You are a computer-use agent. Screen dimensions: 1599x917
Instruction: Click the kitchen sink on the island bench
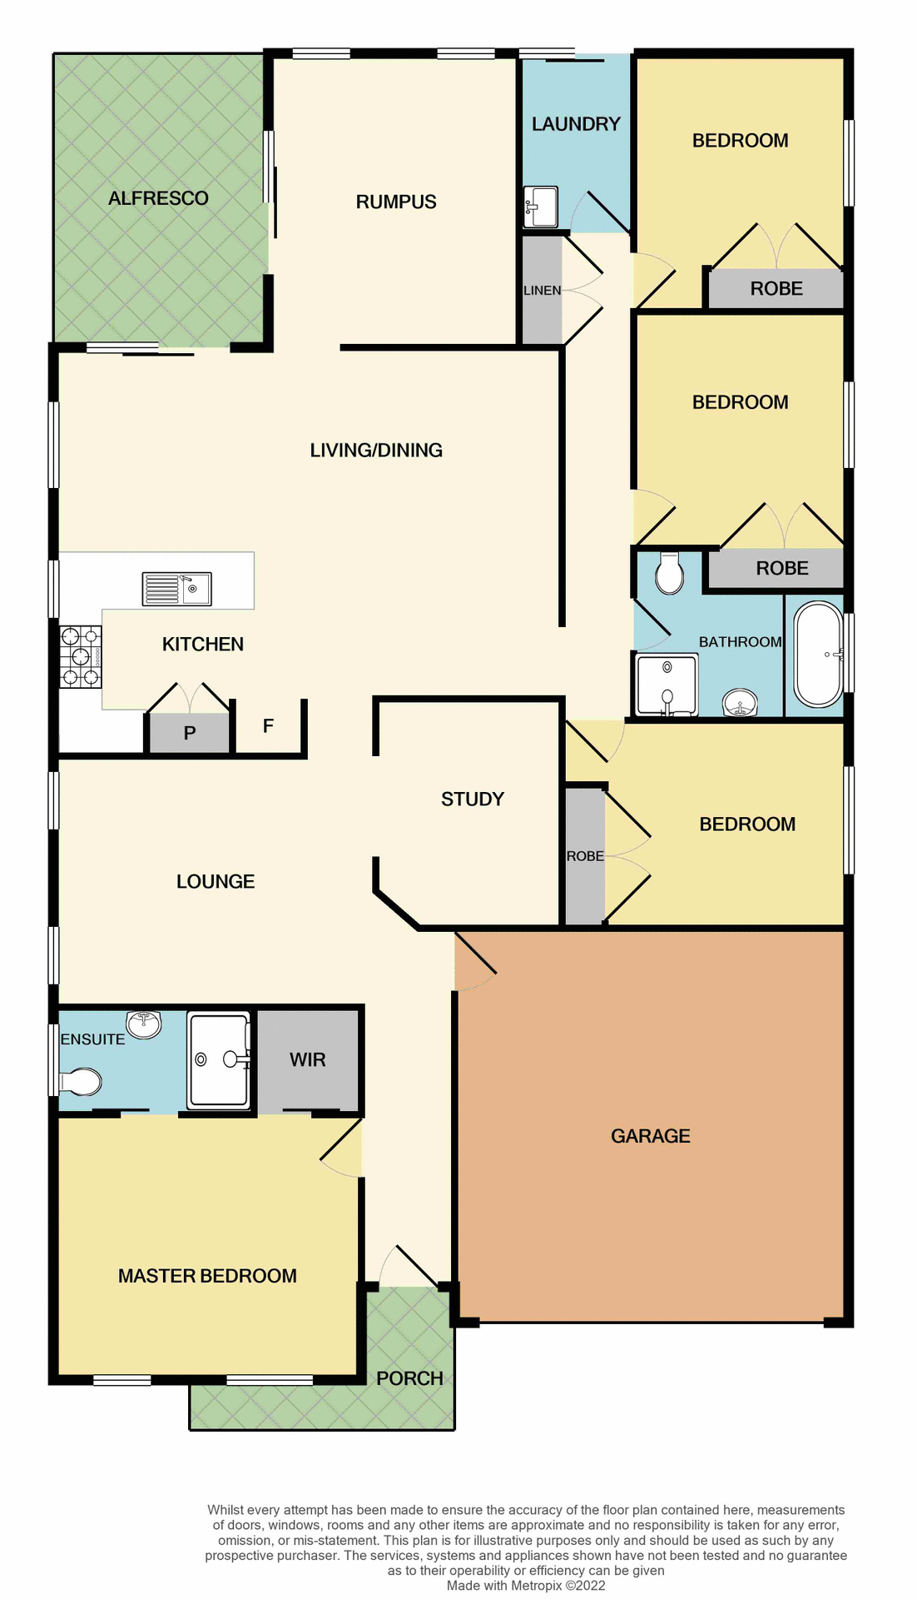click(x=176, y=589)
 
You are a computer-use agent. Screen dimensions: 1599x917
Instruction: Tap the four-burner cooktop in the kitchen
click(x=81, y=657)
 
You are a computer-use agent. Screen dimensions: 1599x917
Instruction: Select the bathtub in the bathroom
click(x=818, y=655)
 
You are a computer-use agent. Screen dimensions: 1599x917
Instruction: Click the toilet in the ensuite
click(x=80, y=1082)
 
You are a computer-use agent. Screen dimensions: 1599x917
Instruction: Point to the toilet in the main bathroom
click(x=669, y=573)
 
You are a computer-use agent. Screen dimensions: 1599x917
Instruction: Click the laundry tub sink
click(x=541, y=207)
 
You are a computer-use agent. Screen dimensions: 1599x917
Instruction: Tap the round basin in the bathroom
click(x=740, y=703)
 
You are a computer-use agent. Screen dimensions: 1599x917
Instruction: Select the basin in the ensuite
click(x=144, y=1024)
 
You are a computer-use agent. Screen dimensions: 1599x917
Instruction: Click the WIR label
click(x=307, y=1059)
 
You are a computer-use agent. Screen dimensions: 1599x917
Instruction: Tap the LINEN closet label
click(x=542, y=291)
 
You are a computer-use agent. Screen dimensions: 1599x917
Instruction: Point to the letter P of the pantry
click(x=190, y=733)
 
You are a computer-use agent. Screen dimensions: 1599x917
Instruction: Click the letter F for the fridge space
click(x=268, y=726)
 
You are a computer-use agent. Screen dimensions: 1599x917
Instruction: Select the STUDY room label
click(x=473, y=799)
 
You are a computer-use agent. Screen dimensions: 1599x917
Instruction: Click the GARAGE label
click(x=650, y=1136)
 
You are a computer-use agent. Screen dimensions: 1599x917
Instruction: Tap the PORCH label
click(x=409, y=1378)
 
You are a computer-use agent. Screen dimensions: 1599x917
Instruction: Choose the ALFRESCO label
click(x=158, y=198)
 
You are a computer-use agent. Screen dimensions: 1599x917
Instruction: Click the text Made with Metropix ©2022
click(x=525, y=1585)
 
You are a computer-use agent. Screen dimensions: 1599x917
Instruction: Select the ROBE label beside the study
click(x=585, y=856)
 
